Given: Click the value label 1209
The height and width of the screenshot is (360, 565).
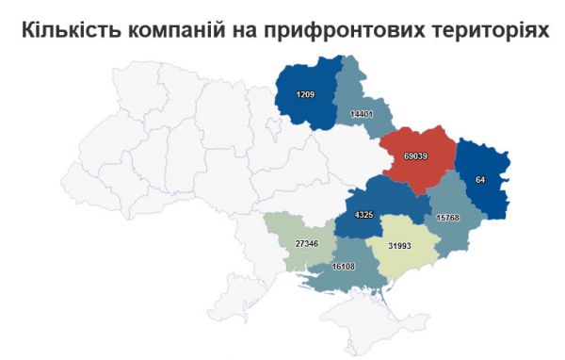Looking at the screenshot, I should pos(304,95).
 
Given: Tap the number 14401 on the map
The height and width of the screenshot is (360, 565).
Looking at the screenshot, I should pos(362,114).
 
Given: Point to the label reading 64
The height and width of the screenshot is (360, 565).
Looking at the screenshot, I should pos(480,179).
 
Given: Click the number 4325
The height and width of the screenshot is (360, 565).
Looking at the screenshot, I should pos(363,215).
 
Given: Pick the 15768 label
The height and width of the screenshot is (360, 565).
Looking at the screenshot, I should pos(449,217).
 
